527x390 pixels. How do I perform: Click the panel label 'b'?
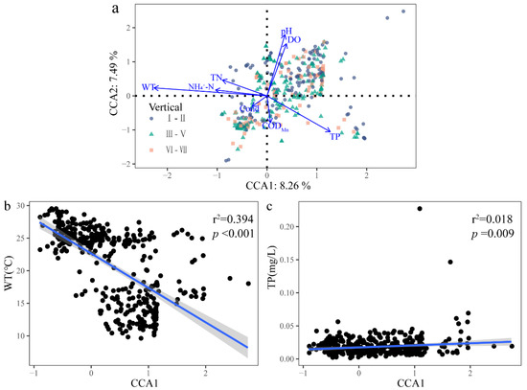pyautogui.click(x=8, y=205)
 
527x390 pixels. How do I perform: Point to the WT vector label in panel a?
pyautogui.click(x=149, y=87)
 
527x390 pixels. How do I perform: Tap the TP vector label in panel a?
pyautogui.click(x=336, y=137)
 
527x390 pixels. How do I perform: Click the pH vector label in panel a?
pyautogui.click(x=286, y=32)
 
